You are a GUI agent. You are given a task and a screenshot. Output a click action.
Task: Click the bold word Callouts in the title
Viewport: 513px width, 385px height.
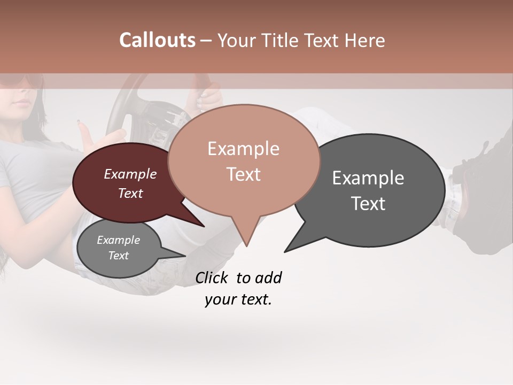157,41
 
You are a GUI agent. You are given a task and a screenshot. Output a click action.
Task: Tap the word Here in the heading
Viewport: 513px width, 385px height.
364,41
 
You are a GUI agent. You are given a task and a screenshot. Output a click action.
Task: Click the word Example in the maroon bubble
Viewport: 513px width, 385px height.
130,174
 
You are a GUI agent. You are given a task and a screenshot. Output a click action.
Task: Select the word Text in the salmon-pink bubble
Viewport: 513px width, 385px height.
244,174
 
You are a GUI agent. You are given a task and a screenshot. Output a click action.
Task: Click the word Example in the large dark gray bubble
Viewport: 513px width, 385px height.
368,178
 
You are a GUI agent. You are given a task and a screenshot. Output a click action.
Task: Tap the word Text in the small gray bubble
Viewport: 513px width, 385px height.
118,256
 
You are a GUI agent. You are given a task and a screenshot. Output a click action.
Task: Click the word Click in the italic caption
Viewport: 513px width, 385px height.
213,278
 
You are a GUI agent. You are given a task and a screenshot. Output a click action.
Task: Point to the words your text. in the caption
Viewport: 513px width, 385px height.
238,300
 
